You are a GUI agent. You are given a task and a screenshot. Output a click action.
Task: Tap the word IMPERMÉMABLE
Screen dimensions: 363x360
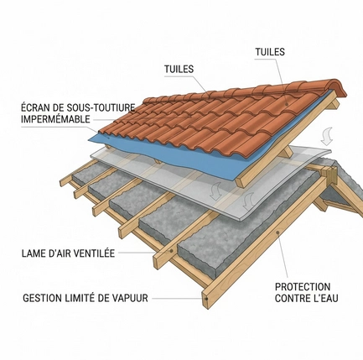55,119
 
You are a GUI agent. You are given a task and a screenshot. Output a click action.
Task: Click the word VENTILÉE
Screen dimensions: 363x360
95,253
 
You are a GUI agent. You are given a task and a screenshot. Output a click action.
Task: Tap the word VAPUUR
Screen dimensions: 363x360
130,298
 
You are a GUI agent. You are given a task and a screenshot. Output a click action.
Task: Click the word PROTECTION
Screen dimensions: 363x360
303,287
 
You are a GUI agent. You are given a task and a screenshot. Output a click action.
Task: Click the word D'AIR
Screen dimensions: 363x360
59,253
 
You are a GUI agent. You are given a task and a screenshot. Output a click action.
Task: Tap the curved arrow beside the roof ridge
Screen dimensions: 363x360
327,137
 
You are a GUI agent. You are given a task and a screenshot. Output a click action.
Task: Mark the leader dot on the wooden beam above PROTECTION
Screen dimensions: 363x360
277,232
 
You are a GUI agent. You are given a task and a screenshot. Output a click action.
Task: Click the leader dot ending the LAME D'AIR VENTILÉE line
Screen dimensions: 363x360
171,251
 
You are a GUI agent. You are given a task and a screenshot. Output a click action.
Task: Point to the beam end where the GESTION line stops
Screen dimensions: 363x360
205,299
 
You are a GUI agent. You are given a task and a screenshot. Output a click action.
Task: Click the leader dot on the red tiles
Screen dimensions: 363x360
287,104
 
